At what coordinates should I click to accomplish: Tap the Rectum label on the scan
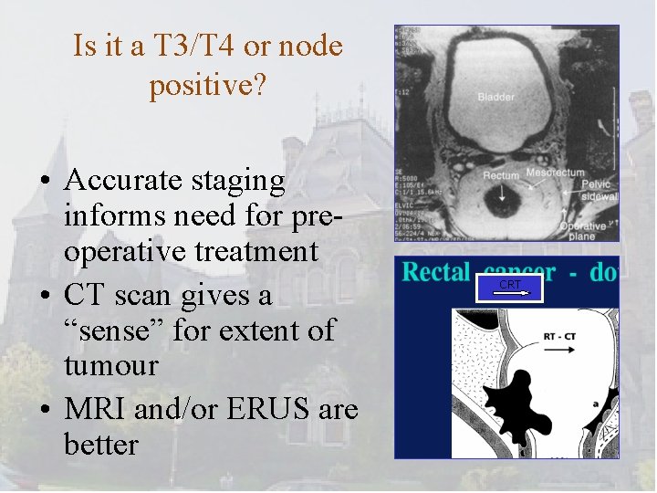501,175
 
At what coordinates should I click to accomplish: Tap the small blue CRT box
512,288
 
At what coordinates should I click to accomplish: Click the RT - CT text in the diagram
559,336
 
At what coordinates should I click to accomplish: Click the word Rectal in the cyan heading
437,272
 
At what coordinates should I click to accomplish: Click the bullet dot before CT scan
45,296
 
